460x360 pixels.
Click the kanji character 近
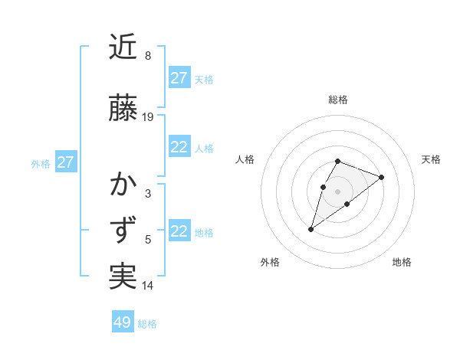coord(123,47)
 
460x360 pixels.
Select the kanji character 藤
coord(123,108)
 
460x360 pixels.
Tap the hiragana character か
coord(123,185)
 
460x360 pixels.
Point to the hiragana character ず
coord(123,231)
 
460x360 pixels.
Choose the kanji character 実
coord(123,277)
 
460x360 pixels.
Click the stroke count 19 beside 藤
coord(148,117)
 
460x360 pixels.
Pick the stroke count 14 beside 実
coord(148,286)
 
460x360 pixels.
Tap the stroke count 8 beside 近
coord(148,56)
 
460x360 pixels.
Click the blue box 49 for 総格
coord(123,322)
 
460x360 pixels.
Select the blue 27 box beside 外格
coord(65,162)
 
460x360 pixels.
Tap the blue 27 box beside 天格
coord(179,78)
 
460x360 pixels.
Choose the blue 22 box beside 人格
coord(179,147)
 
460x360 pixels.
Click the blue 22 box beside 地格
coord(179,231)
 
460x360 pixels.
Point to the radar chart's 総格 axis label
coord(338,100)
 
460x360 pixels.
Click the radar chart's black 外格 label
coord(270,262)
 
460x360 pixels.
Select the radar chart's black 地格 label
coord(402,262)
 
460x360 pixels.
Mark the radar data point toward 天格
coord(381,177)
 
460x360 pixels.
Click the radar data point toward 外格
coord(310,229)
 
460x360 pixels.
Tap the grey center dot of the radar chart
coord(338,191)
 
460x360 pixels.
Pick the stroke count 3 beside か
coord(148,194)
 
